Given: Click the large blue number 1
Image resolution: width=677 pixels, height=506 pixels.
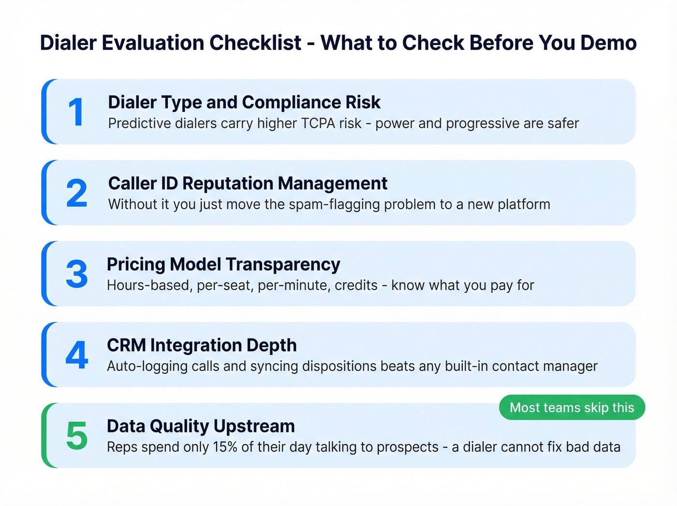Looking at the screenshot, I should pyautogui.click(x=76, y=112).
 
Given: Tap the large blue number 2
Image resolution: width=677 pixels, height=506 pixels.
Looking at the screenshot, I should pyautogui.click(x=76, y=193).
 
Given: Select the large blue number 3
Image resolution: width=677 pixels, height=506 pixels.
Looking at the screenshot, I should pyautogui.click(x=76, y=274).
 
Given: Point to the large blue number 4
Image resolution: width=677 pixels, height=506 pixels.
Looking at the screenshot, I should pyautogui.click(x=76, y=355).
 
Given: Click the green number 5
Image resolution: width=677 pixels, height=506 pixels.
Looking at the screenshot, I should pyautogui.click(x=76, y=436).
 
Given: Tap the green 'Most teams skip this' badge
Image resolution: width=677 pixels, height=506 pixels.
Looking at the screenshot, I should pyautogui.click(x=572, y=408).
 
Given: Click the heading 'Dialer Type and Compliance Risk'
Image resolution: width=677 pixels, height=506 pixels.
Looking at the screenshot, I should pyautogui.click(x=244, y=102).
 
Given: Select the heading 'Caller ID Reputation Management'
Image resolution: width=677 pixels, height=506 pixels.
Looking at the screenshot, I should pyautogui.click(x=248, y=184).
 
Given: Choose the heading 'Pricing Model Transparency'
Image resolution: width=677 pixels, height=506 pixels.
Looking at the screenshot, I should pyautogui.click(x=223, y=264).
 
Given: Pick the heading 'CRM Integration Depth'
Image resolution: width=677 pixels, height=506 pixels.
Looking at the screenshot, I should pyautogui.click(x=202, y=345).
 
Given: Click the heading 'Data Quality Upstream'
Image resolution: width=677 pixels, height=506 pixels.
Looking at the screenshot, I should pyautogui.click(x=201, y=426).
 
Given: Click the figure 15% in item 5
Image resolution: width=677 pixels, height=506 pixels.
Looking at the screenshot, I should pyautogui.click(x=225, y=447).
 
